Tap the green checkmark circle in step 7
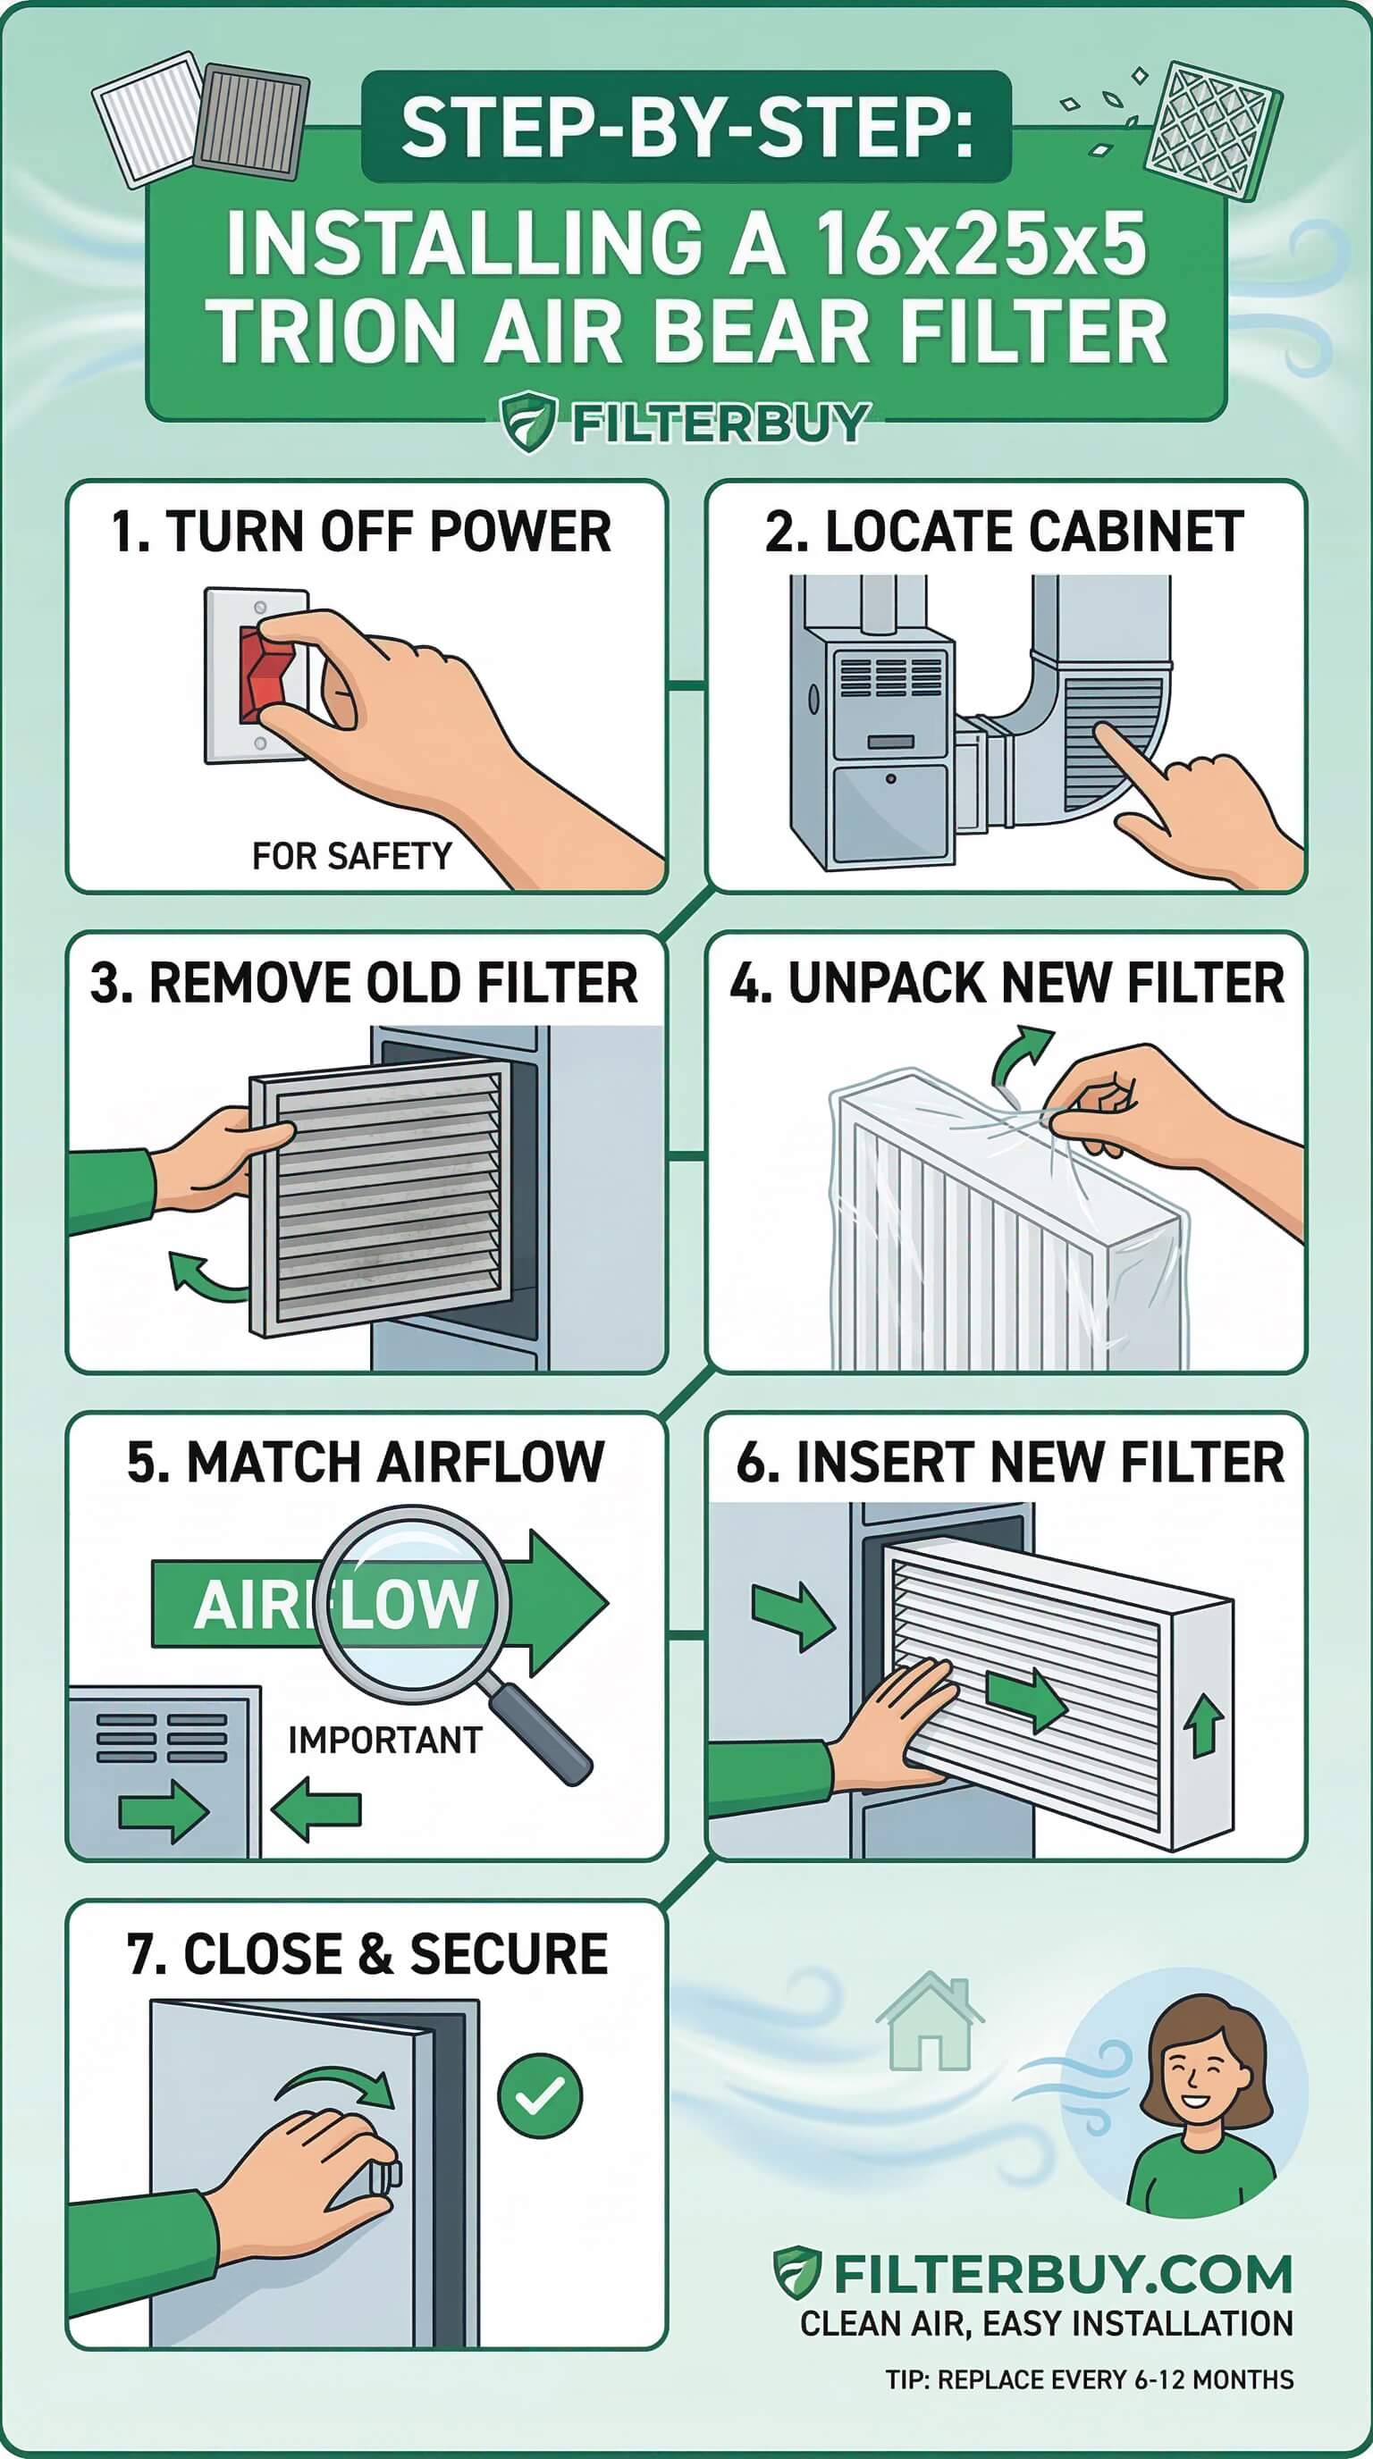tap(540, 2095)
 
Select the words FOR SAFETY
tap(351, 856)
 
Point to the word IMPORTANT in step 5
tap(384, 1739)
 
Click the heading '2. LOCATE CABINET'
tap(1005, 532)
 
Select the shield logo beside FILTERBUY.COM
tap(797, 2273)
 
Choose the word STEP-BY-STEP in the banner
tap(686, 127)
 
